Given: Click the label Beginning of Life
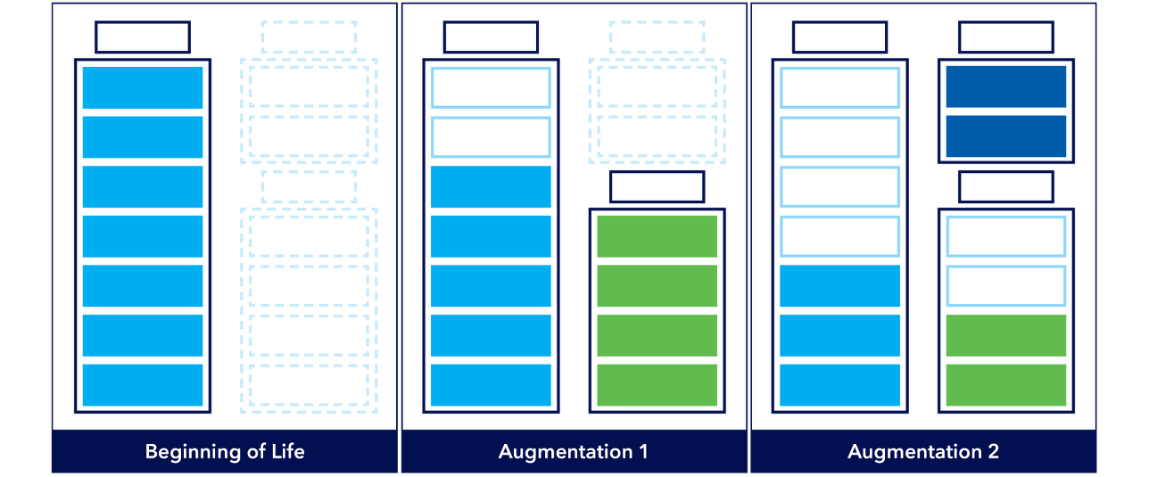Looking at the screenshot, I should (x=225, y=452).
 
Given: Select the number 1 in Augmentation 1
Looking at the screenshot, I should (x=642, y=452).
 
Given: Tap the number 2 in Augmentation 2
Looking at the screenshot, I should (x=992, y=452).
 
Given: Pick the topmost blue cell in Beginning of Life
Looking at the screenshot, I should (x=143, y=87).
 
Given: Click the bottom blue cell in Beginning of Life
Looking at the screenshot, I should (x=143, y=384).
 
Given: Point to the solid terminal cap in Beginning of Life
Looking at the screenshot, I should (x=143, y=38).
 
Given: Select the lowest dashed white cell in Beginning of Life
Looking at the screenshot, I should (x=309, y=384).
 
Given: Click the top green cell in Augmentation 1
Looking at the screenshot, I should (x=657, y=236).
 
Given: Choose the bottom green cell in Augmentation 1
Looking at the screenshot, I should (x=657, y=384).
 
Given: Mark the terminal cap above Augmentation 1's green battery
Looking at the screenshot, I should (x=657, y=187).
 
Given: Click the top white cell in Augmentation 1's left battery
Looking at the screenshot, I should (x=491, y=87).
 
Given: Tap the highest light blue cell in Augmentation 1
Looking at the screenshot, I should (x=491, y=186).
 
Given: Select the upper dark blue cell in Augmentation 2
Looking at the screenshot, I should (x=1006, y=87).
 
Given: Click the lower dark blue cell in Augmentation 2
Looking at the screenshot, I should (x=1006, y=136).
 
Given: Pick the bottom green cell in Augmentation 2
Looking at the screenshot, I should (x=1006, y=384).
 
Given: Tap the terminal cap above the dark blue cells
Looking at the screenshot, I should (x=1006, y=38).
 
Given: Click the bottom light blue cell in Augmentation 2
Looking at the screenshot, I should (x=840, y=384).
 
